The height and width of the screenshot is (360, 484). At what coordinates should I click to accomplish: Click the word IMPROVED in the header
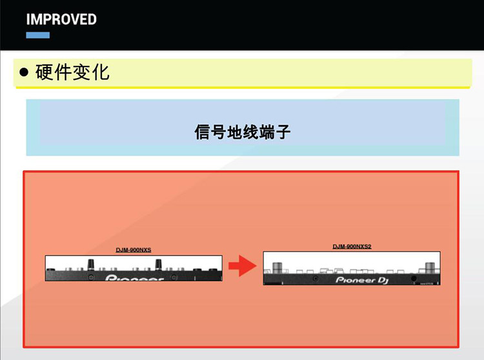pyautogui.click(x=61, y=19)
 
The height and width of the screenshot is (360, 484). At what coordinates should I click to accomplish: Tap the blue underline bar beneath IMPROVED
pyautogui.click(x=38, y=35)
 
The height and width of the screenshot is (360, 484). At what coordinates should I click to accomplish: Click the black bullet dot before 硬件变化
pyautogui.click(x=24, y=72)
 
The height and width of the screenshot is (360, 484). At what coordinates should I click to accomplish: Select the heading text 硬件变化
pyautogui.click(x=72, y=72)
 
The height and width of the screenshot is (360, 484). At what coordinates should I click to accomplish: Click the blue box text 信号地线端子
pyautogui.click(x=242, y=133)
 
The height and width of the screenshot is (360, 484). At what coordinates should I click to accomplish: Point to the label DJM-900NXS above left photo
pyautogui.click(x=134, y=249)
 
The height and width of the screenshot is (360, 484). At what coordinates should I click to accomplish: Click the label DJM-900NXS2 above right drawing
pyautogui.click(x=352, y=246)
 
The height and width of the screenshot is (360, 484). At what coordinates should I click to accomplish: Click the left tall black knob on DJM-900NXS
pyautogui.click(x=92, y=263)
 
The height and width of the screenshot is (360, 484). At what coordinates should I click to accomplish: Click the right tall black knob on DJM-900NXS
pyautogui.click(x=157, y=263)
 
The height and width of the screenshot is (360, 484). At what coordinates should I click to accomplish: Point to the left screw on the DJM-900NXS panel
pyautogui.click(x=92, y=275)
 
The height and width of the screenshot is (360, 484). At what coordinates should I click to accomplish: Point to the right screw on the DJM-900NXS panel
pyautogui.click(x=194, y=275)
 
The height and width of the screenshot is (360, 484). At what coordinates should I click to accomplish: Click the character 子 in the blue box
pyautogui.click(x=283, y=133)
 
